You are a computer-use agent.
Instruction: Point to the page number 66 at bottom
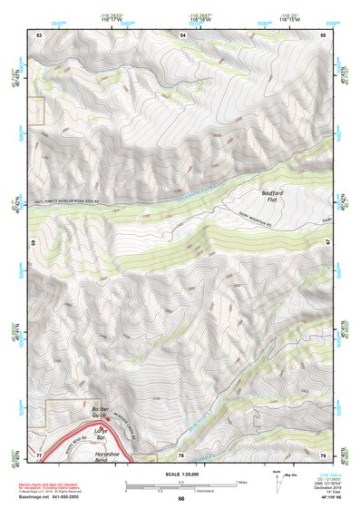(180, 499)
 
